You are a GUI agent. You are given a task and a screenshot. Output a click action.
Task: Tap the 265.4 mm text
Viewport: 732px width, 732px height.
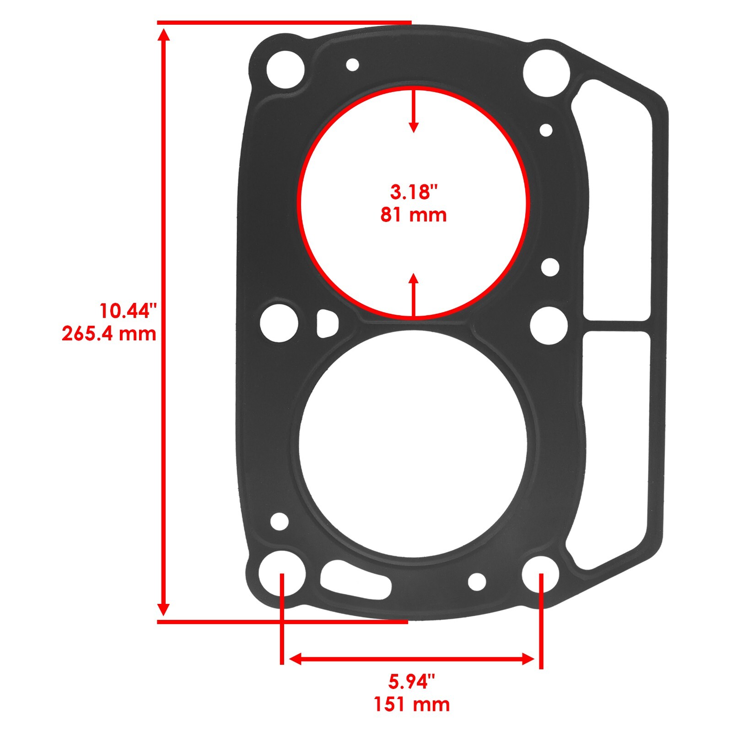(x=109, y=334)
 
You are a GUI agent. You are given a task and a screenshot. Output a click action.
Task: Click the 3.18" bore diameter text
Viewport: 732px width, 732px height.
(x=414, y=192)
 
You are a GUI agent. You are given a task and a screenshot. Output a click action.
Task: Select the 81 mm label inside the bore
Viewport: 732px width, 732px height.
(x=414, y=215)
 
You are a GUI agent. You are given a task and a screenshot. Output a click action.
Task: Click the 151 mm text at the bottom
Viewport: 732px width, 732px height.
(x=411, y=704)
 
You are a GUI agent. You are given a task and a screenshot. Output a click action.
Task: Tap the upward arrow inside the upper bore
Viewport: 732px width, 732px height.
(x=414, y=293)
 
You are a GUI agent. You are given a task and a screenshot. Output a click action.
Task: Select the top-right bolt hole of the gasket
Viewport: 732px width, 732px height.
(x=546, y=72)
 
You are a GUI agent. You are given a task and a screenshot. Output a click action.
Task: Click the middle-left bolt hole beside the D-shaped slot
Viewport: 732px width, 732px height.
(x=279, y=323)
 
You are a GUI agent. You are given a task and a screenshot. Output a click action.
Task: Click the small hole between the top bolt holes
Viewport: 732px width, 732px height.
(x=352, y=65)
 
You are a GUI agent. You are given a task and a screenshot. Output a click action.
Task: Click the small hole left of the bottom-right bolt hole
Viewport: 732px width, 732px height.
(x=477, y=581)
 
